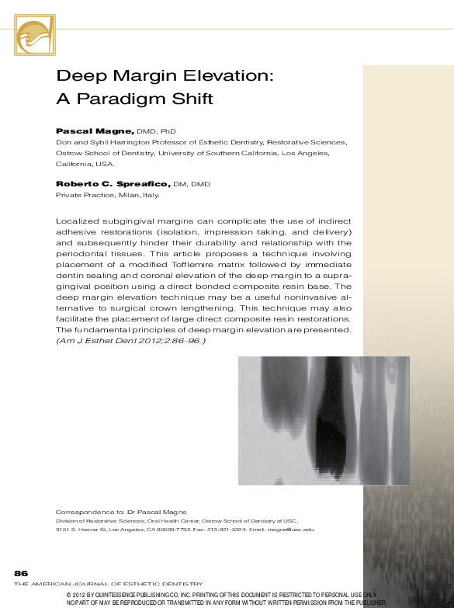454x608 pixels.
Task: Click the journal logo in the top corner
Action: [35, 35]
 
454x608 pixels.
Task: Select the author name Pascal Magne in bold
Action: [95, 132]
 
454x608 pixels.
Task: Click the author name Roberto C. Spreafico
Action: [112, 184]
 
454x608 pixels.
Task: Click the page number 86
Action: [21, 572]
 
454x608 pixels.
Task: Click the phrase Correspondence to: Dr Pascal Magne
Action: [121, 512]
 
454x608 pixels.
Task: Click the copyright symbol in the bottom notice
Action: [71, 594]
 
